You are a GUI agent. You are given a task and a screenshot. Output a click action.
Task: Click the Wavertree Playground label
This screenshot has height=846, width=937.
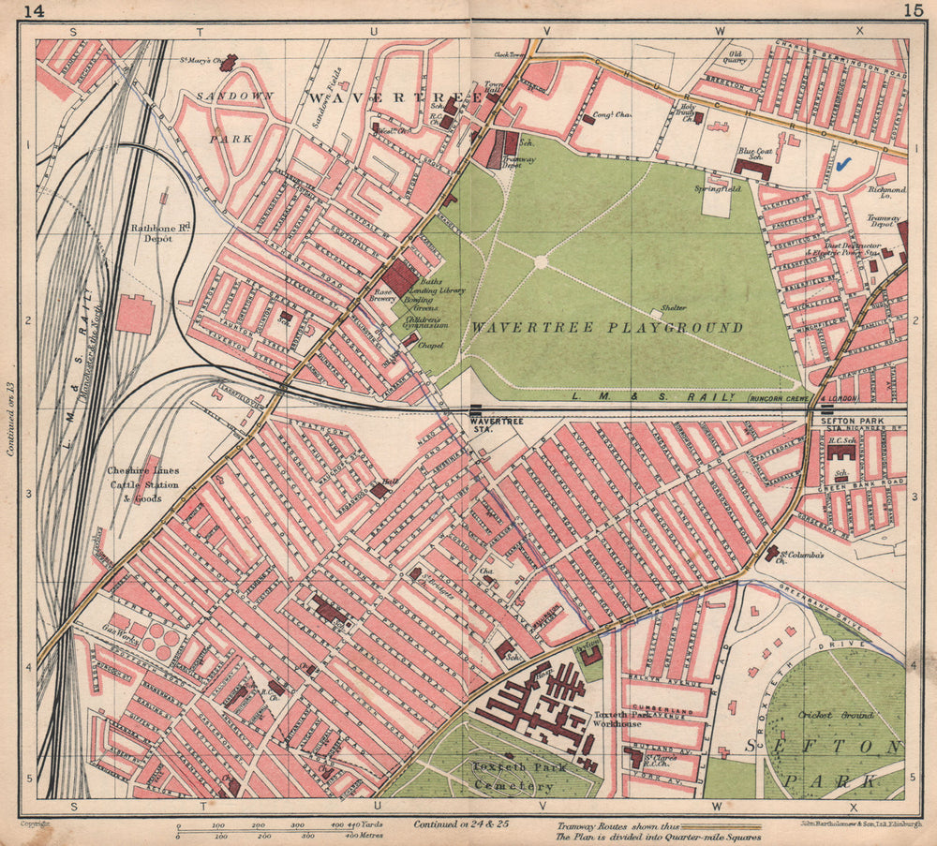607,328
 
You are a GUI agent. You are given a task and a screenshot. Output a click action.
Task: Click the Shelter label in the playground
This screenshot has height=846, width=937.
673,308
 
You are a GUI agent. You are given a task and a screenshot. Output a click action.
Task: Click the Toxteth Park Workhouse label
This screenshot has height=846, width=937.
617,719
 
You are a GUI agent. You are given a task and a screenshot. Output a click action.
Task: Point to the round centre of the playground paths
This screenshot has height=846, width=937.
540,262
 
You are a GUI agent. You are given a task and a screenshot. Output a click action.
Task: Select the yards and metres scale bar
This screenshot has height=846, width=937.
273,828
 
